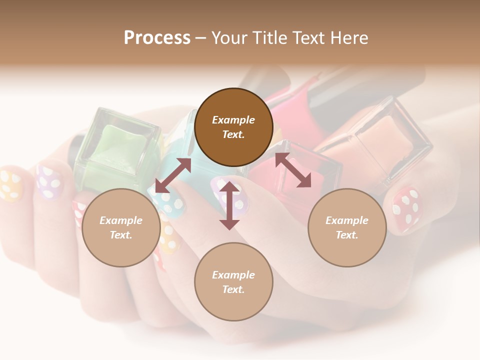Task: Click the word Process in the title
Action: (x=157, y=38)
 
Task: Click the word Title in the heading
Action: (x=269, y=38)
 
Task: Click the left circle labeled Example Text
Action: (x=121, y=227)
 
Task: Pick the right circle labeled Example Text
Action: (x=347, y=227)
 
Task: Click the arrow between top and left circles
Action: (x=173, y=175)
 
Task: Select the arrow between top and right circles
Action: (x=293, y=170)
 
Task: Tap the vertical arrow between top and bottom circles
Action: (x=229, y=205)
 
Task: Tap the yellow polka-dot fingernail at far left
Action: (x=11, y=185)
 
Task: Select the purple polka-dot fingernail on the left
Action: (x=49, y=181)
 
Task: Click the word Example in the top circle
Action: (x=233, y=120)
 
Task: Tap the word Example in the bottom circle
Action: (x=233, y=275)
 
